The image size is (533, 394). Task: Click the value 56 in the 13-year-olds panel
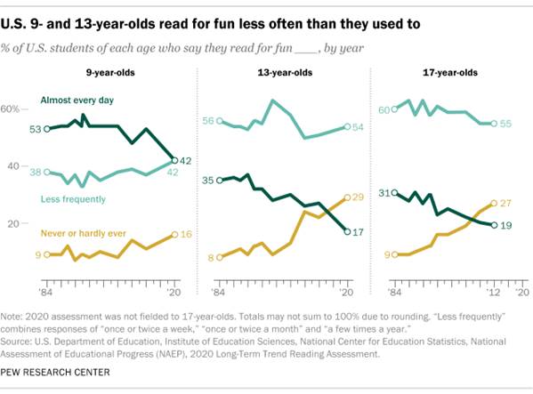(209, 121)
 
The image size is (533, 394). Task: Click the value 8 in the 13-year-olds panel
(212, 257)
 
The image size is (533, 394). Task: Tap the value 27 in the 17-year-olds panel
(506, 203)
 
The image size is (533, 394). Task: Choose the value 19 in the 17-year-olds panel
(506, 226)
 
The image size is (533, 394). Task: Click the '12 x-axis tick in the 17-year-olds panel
(494, 292)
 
